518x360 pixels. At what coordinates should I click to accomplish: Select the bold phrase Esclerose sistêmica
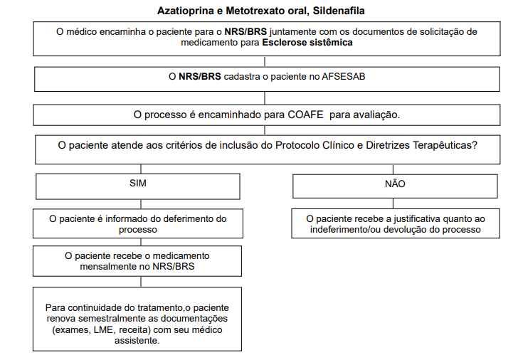[307, 42]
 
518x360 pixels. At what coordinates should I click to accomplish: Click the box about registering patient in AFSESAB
[266, 78]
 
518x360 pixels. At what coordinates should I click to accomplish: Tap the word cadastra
[245, 78]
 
